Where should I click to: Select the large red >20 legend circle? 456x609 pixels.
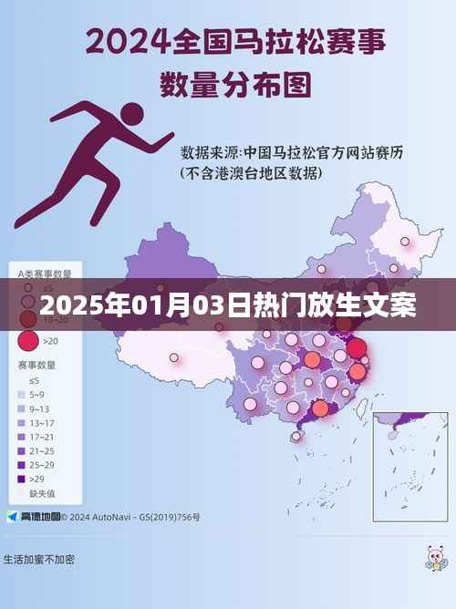28,340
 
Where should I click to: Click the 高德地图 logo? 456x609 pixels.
34,517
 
